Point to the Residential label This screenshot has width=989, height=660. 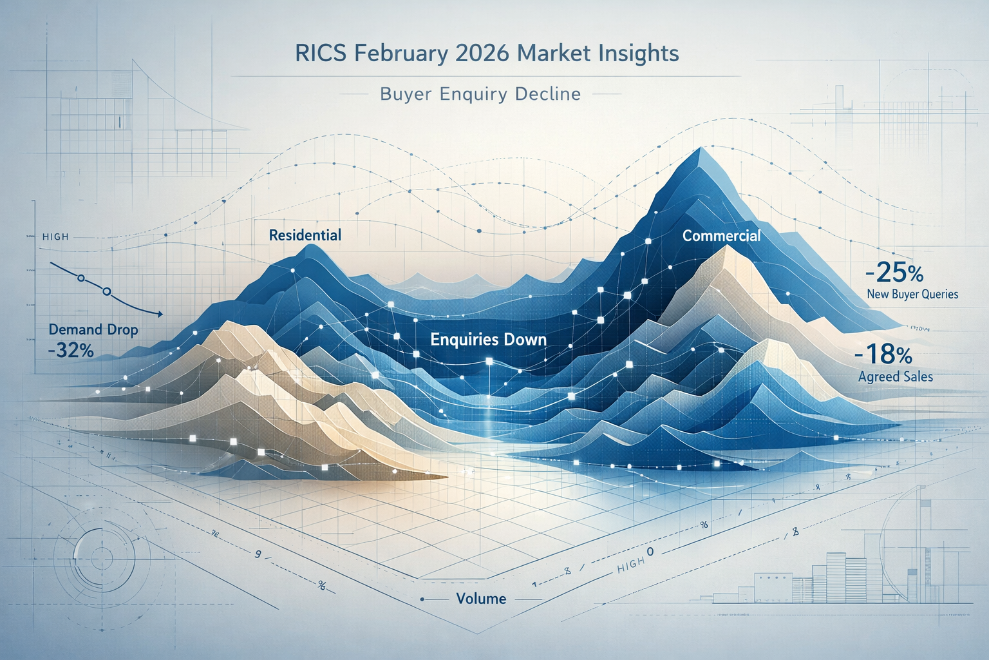[305, 235]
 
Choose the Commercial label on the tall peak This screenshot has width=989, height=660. [721, 236]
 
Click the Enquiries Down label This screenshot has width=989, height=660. [488, 339]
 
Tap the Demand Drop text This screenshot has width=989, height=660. [93, 330]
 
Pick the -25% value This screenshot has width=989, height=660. [894, 274]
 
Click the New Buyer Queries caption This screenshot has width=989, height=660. [912, 295]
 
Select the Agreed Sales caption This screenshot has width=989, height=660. [895, 376]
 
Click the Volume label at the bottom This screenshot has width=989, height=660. [481, 599]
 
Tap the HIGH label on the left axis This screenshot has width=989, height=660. [55, 237]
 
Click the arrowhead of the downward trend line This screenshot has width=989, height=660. [158, 314]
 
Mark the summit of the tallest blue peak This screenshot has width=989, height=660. [700, 150]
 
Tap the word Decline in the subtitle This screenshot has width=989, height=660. [548, 94]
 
